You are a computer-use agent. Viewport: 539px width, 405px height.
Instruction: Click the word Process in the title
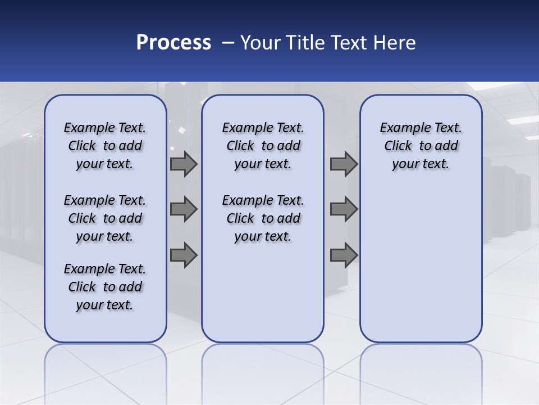click(173, 43)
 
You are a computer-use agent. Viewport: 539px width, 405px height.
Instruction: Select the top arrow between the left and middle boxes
click(184, 164)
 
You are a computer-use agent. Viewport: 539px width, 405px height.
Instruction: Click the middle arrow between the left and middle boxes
click(184, 209)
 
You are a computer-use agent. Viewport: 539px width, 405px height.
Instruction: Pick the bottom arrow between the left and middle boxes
click(184, 255)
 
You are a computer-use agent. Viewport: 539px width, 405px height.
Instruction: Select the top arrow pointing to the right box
click(344, 164)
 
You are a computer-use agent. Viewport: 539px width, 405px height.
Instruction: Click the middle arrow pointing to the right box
click(344, 209)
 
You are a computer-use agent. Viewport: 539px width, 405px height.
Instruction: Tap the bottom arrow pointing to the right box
click(344, 255)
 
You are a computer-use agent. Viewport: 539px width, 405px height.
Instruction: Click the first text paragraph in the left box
click(105, 146)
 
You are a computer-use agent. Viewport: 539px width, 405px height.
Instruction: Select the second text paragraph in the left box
click(105, 218)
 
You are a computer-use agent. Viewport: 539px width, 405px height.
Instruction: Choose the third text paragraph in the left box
click(105, 287)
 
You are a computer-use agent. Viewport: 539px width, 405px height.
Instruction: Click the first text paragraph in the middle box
click(263, 146)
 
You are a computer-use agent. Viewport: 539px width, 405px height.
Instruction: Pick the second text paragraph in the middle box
click(263, 218)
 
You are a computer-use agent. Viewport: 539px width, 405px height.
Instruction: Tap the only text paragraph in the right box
click(421, 146)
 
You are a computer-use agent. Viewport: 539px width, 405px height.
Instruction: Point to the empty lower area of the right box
click(421, 264)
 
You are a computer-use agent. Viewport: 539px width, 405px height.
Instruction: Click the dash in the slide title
click(228, 43)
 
